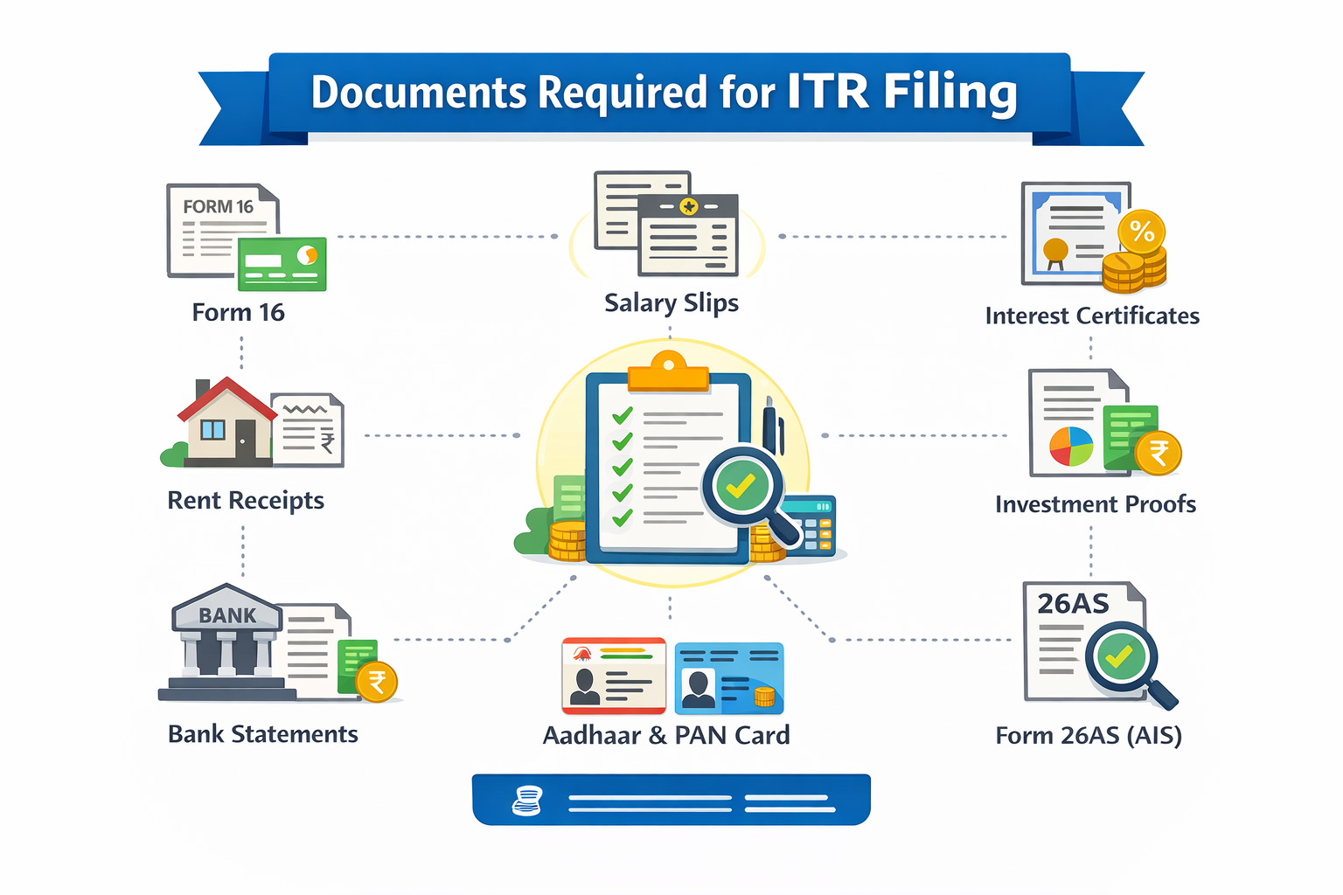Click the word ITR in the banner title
[x=827, y=91]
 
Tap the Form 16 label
[x=238, y=312]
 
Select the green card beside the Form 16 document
[x=282, y=263]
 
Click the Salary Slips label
[x=671, y=302]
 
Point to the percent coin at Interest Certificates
[x=1142, y=232]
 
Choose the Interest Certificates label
[x=1091, y=316]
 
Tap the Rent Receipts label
[x=245, y=500]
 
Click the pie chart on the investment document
[x=1071, y=446]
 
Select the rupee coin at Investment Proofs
[x=1158, y=453]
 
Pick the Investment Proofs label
[x=1095, y=504]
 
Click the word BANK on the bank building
[x=227, y=615]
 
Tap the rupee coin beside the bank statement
[x=377, y=682]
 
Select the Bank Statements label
[x=262, y=734]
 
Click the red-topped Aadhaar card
[x=613, y=675]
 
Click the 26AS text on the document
[x=1073, y=603]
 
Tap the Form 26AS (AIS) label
[x=1088, y=735]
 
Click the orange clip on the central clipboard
[x=668, y=372]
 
